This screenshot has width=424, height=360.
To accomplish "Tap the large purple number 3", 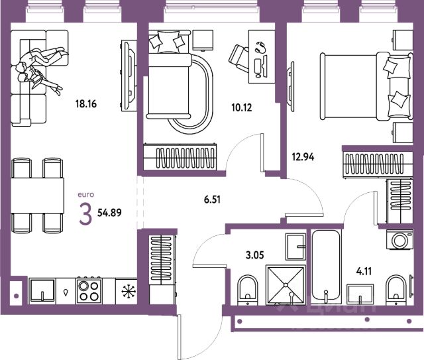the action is pos(85,215).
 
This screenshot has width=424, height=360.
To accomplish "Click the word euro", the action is pos(87,194).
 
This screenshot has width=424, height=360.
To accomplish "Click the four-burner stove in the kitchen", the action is pos(90,290).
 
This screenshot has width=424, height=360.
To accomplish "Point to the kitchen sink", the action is pos(43,290).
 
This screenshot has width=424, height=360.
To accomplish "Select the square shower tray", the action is pos(286,284).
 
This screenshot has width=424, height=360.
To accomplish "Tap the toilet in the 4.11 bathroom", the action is pos(396,289).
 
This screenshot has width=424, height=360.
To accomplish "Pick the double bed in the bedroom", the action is pos(363,84).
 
